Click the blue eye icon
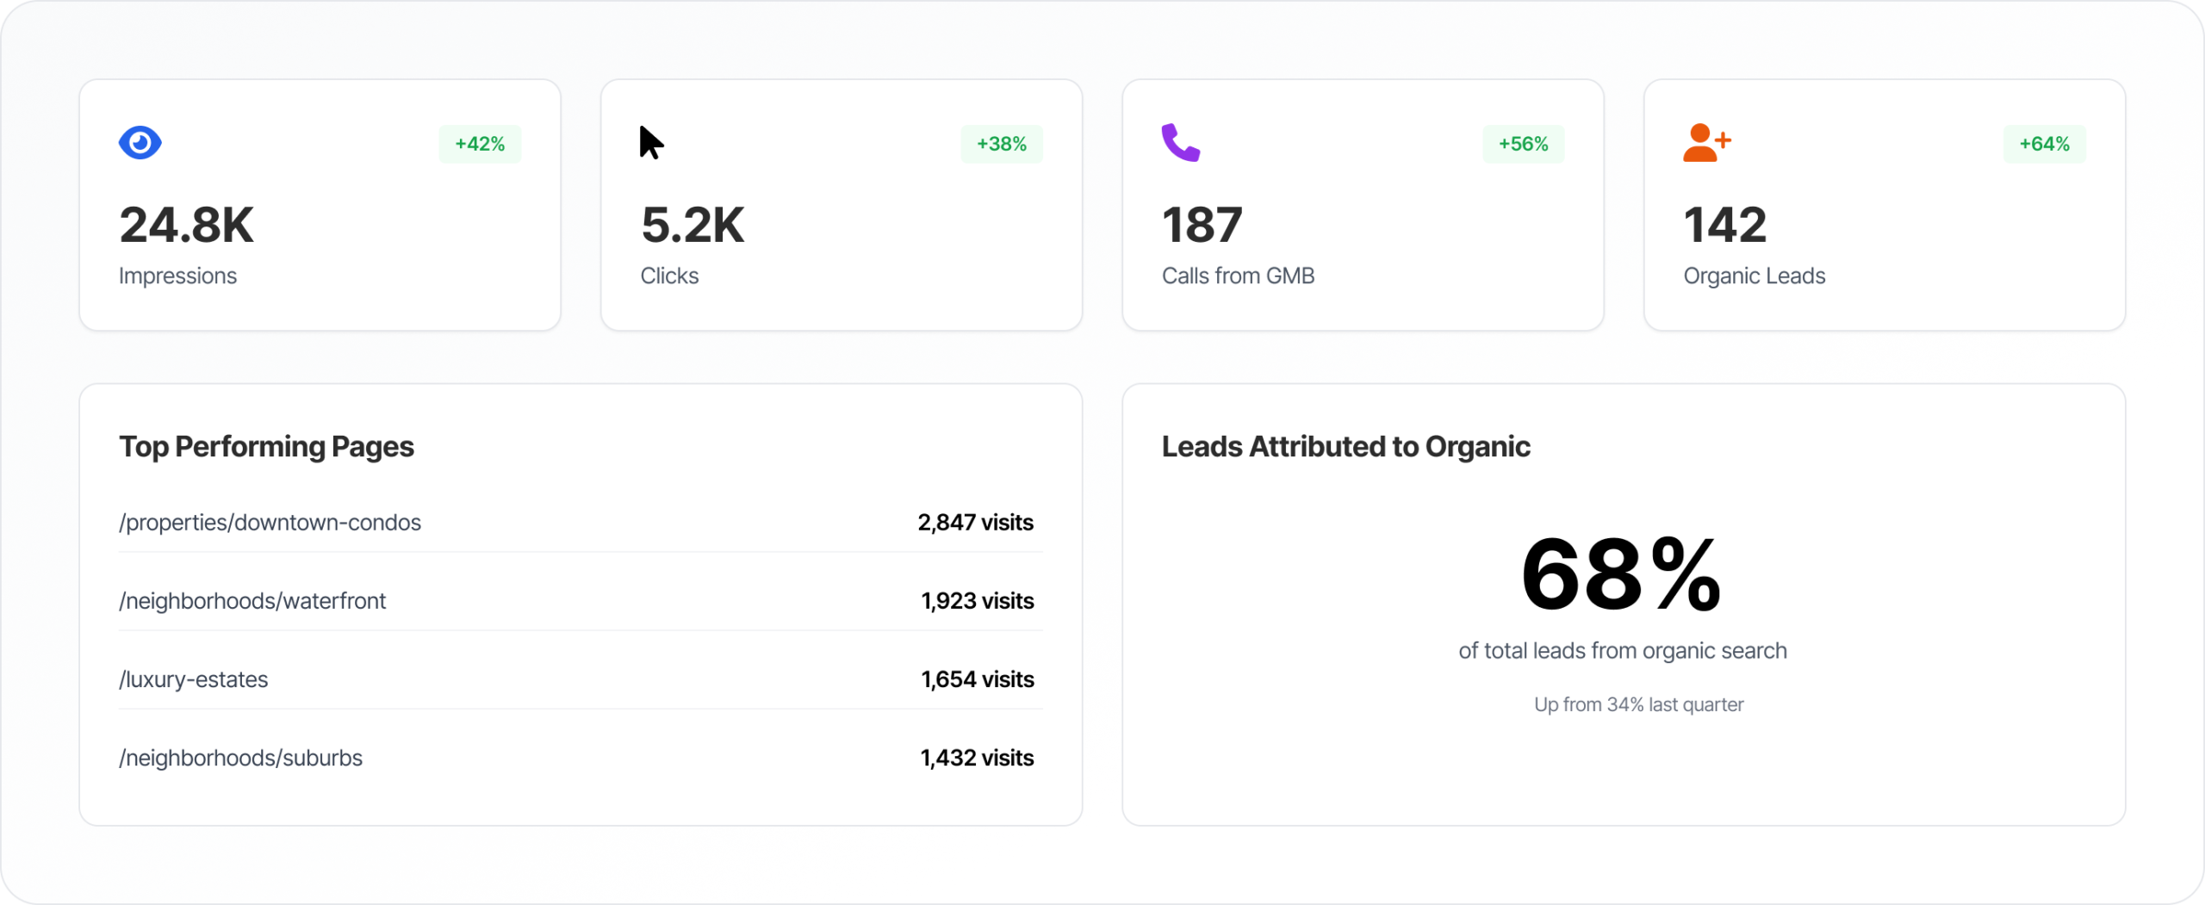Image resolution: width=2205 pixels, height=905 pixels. click(140, 143)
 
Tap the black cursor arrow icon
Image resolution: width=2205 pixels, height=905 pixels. click(651, 143)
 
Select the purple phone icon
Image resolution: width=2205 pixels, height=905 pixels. click(1180, 143)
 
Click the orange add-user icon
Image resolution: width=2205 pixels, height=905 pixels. click(1705, 143)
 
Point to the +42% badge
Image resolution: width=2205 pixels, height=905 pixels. click(480, 144)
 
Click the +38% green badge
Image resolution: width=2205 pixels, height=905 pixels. click(1001, 144)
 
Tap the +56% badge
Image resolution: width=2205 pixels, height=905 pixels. click(1523, 144)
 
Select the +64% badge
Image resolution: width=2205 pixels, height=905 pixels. click(2044, 144)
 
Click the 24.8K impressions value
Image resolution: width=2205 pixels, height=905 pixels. click(186, 226)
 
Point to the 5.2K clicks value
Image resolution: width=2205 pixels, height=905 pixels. click(693, 226)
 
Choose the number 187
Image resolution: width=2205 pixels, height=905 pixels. click(1202, 226)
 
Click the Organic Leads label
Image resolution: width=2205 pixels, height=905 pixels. click(1754, 276)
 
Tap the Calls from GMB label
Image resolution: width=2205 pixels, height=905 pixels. click(1238, 276)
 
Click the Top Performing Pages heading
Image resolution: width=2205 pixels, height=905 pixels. click(266, 447)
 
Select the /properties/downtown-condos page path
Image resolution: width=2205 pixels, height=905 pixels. click(270, 523)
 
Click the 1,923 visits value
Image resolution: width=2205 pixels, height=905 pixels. click(977, 601)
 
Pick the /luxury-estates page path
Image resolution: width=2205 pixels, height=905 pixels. click(193, 679)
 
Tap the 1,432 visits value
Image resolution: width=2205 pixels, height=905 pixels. click(977, 758)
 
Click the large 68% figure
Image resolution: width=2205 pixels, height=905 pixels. click(1621, 575)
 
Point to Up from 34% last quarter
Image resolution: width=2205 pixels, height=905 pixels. click(1638, 704)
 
